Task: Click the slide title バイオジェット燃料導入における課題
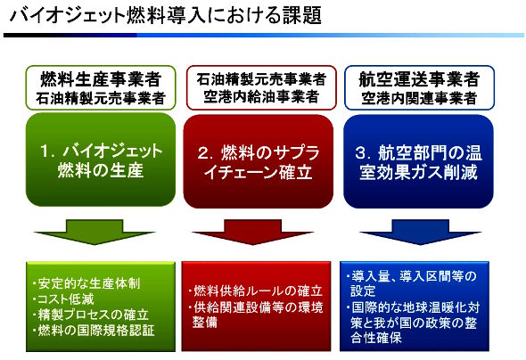pos(166,15)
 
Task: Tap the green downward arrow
pos(95,232)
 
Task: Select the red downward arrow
pos(252,232)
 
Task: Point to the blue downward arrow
pos(420,232)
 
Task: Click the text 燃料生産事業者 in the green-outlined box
pos(101,79)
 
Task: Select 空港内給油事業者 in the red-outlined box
pos(261,97)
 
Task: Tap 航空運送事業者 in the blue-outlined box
pos(419,80)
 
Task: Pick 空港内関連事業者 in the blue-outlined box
pos(419,98)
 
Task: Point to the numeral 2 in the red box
pos(203,153)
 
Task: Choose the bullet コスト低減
pos(63,299)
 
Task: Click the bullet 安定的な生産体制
pos(86,283)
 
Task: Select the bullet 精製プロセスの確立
pos(91,315)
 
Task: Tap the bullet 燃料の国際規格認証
pos(94,331)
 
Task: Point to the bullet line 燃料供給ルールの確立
pos(256,291)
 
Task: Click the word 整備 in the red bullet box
pos(205,323)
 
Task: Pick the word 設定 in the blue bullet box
pos(363,290)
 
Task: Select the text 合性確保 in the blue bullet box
pos(376,338)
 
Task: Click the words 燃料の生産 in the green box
pos(101,170)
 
